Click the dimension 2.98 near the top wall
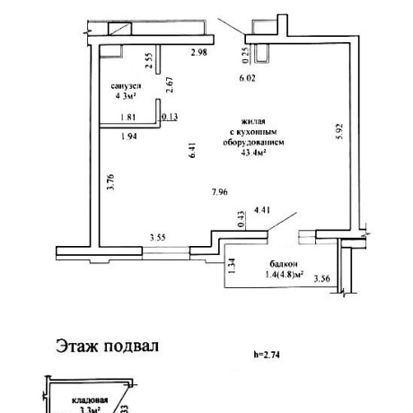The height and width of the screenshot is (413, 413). (199, 53)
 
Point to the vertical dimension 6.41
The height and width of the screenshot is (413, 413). (190, 152)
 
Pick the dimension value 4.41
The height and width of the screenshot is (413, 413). (263, 210)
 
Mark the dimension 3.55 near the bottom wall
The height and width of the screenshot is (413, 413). (159, 238)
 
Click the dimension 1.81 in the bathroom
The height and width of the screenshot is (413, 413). (129, 118)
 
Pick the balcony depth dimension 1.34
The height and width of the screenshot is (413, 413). (232, 267)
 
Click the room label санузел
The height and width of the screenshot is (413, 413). (127, 83)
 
